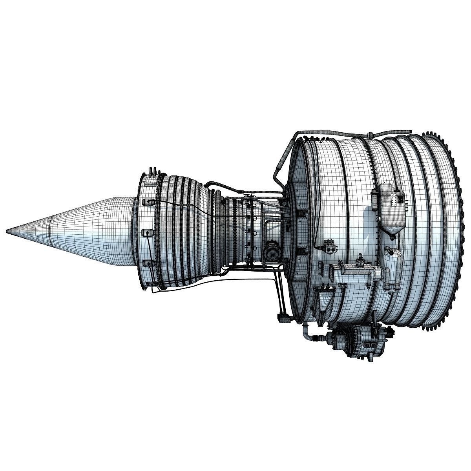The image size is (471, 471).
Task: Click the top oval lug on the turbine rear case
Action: click(148, 202)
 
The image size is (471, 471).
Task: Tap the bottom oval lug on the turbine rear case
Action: click(146, 263)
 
